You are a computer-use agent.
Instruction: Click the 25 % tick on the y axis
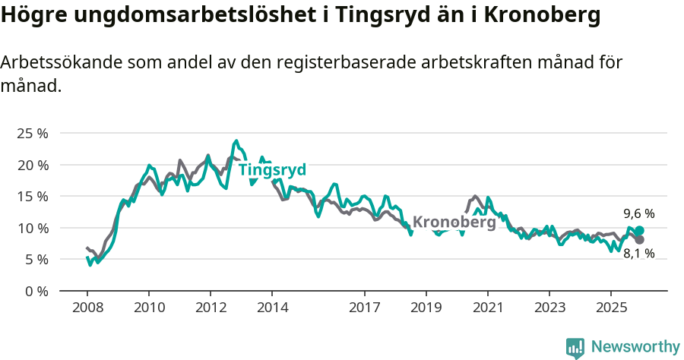click(x=32, y=134)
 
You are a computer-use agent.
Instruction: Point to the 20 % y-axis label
click(x=32, y=165)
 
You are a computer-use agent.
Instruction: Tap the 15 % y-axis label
click(x=32, y=196)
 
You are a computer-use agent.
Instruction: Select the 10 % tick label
click(x=32, y=228)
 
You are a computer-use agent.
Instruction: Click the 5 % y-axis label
click(x=35, y=259)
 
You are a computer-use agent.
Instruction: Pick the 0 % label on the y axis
click(x=35, y=291)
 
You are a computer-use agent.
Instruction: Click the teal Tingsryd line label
click(x=272, y=170)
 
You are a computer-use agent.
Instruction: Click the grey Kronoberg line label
click(x=454, y=223)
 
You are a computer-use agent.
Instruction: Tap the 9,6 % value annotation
click(x=639, y=214)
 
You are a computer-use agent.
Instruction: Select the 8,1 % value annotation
click(x=639, y=254)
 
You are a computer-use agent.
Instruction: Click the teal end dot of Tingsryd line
click(x=639, y=231)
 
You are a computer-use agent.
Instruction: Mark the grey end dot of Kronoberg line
click(x=639, y=240)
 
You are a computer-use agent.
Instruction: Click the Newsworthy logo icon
click(x=575, y=347)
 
